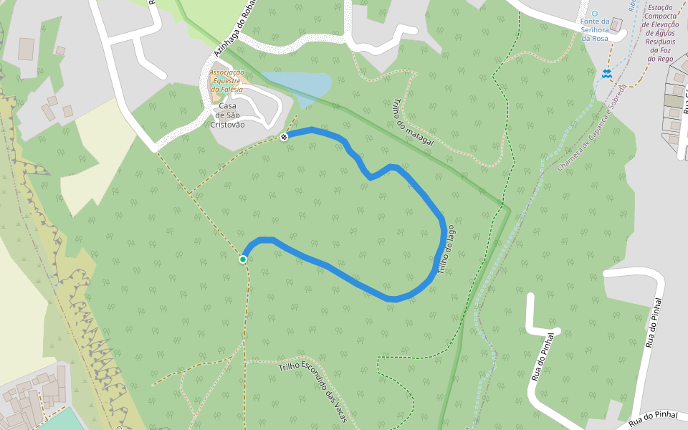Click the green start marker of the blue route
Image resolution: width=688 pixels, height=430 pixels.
(243, 259)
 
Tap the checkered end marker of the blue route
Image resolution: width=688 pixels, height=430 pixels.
(285, 136)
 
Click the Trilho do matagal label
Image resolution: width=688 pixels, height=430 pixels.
(414, 123)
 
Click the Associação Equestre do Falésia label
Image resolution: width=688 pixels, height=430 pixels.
(226, 80)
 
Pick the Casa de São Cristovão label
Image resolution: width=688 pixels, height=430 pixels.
(227, 115)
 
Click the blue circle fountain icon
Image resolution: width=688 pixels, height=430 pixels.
(594, 14)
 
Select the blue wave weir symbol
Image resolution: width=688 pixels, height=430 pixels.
(606, 73)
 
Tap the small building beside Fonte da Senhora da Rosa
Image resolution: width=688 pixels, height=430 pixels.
(616, 25)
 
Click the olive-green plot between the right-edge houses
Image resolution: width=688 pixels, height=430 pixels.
(673, 101)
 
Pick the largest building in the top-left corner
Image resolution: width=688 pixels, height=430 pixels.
(27, 48)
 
